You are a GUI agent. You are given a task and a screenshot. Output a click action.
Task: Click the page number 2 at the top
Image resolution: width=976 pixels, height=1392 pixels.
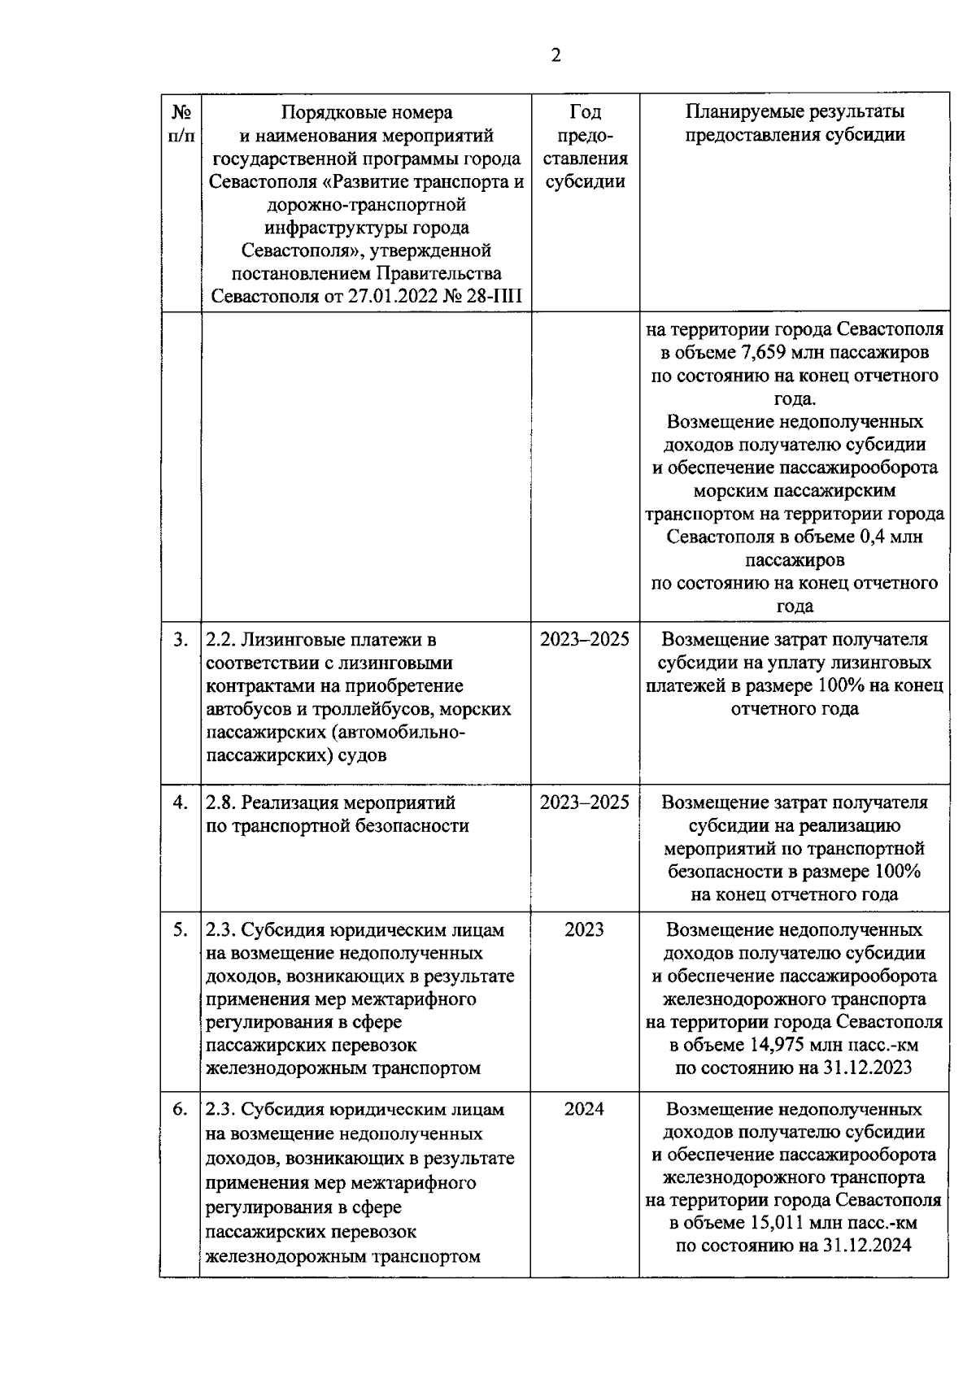(x=556, y=55)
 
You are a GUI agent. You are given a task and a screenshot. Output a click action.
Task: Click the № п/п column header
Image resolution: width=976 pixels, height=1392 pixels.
(x=181, y=123)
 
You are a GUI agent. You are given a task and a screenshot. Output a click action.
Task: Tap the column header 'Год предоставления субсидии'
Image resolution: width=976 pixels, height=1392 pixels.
(x=585, y=146)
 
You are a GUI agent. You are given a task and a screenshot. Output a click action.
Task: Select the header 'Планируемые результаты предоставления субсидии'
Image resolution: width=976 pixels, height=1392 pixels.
(x=794, y=123)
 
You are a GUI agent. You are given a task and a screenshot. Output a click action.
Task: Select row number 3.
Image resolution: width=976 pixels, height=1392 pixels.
(x=181, y=640)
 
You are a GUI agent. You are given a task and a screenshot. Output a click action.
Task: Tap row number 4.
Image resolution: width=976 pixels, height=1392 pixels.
(x=181, y=803)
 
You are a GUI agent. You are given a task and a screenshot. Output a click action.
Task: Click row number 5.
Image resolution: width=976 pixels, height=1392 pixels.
(x=181, y=929)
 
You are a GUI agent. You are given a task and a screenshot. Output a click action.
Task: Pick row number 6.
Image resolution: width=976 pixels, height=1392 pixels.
(x=181, y=1110)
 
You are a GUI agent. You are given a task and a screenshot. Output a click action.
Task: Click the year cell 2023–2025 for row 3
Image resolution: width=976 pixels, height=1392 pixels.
(x=584, y=640)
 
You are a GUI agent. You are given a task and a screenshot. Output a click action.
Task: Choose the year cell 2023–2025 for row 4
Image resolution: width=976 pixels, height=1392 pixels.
(x=584, y=803)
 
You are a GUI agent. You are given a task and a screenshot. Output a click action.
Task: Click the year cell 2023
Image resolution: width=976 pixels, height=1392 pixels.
(x=584, y=929)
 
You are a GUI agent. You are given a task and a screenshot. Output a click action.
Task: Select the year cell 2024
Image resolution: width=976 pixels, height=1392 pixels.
(x=584, y=1110)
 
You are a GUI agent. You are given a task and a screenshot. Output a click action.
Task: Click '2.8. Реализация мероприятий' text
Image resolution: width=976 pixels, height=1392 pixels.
(x=330, y=803)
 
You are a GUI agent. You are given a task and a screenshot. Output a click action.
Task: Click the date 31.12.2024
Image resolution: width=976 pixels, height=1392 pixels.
(x=866, y=1246)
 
